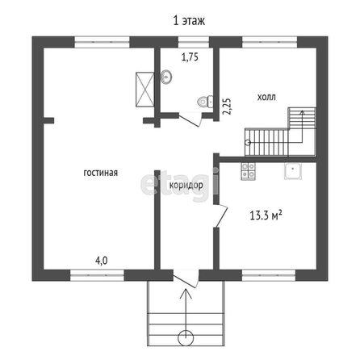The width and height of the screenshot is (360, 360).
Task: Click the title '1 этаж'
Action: click(x=189, y=20)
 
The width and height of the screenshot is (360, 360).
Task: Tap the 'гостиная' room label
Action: click(x=101, y=173)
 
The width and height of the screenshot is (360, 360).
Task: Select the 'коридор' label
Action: click(x=186, y=186)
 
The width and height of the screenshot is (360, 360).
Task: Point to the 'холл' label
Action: click(x=266, y=97)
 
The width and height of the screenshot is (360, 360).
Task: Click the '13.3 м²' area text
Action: click(x=266, y=216)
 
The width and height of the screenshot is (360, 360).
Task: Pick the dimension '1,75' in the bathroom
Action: click(x=190, y=57)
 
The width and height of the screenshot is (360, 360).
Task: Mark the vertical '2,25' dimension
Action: click(x=227, y=106)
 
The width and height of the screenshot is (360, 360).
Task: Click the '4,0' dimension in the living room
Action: click(x=102, y=261)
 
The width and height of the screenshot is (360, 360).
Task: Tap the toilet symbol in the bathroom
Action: click(x=205, y=102)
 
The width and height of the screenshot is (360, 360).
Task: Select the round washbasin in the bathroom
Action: click(x=166, y=77)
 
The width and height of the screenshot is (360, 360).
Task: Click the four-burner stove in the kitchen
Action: click(x=248, y=171)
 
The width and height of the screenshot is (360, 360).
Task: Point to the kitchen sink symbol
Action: click(x=293, y=171)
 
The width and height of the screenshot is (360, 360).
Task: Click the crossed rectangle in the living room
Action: click(x=145, y=90)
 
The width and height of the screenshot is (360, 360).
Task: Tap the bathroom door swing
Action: click(x=190, y=120)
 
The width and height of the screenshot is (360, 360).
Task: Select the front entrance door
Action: click(x=186, y=279)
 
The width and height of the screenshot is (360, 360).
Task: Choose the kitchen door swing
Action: click(x=221, y=216)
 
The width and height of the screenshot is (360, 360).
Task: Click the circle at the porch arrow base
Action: click(x=186, y=338)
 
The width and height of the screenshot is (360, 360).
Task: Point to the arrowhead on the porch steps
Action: click(x=186, y=293)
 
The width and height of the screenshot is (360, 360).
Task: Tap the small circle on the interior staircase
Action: click(x=248, y=143)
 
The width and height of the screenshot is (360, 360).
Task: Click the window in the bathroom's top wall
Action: click(x=194, y=42)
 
